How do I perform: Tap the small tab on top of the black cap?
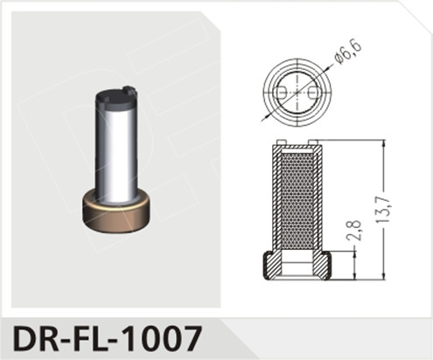pyautogui.click(x=129, y=88)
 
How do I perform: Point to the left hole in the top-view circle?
pyautogui.click(x=280, y=92)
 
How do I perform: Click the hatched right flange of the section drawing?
pyautogui.click(x=324, y=265)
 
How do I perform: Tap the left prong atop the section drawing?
pyautogui.click(x=280, y=143)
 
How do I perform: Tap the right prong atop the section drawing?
pyautogui.click(x=313, y=143)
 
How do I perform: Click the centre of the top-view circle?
pyautogui.click(x=297, y=92)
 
